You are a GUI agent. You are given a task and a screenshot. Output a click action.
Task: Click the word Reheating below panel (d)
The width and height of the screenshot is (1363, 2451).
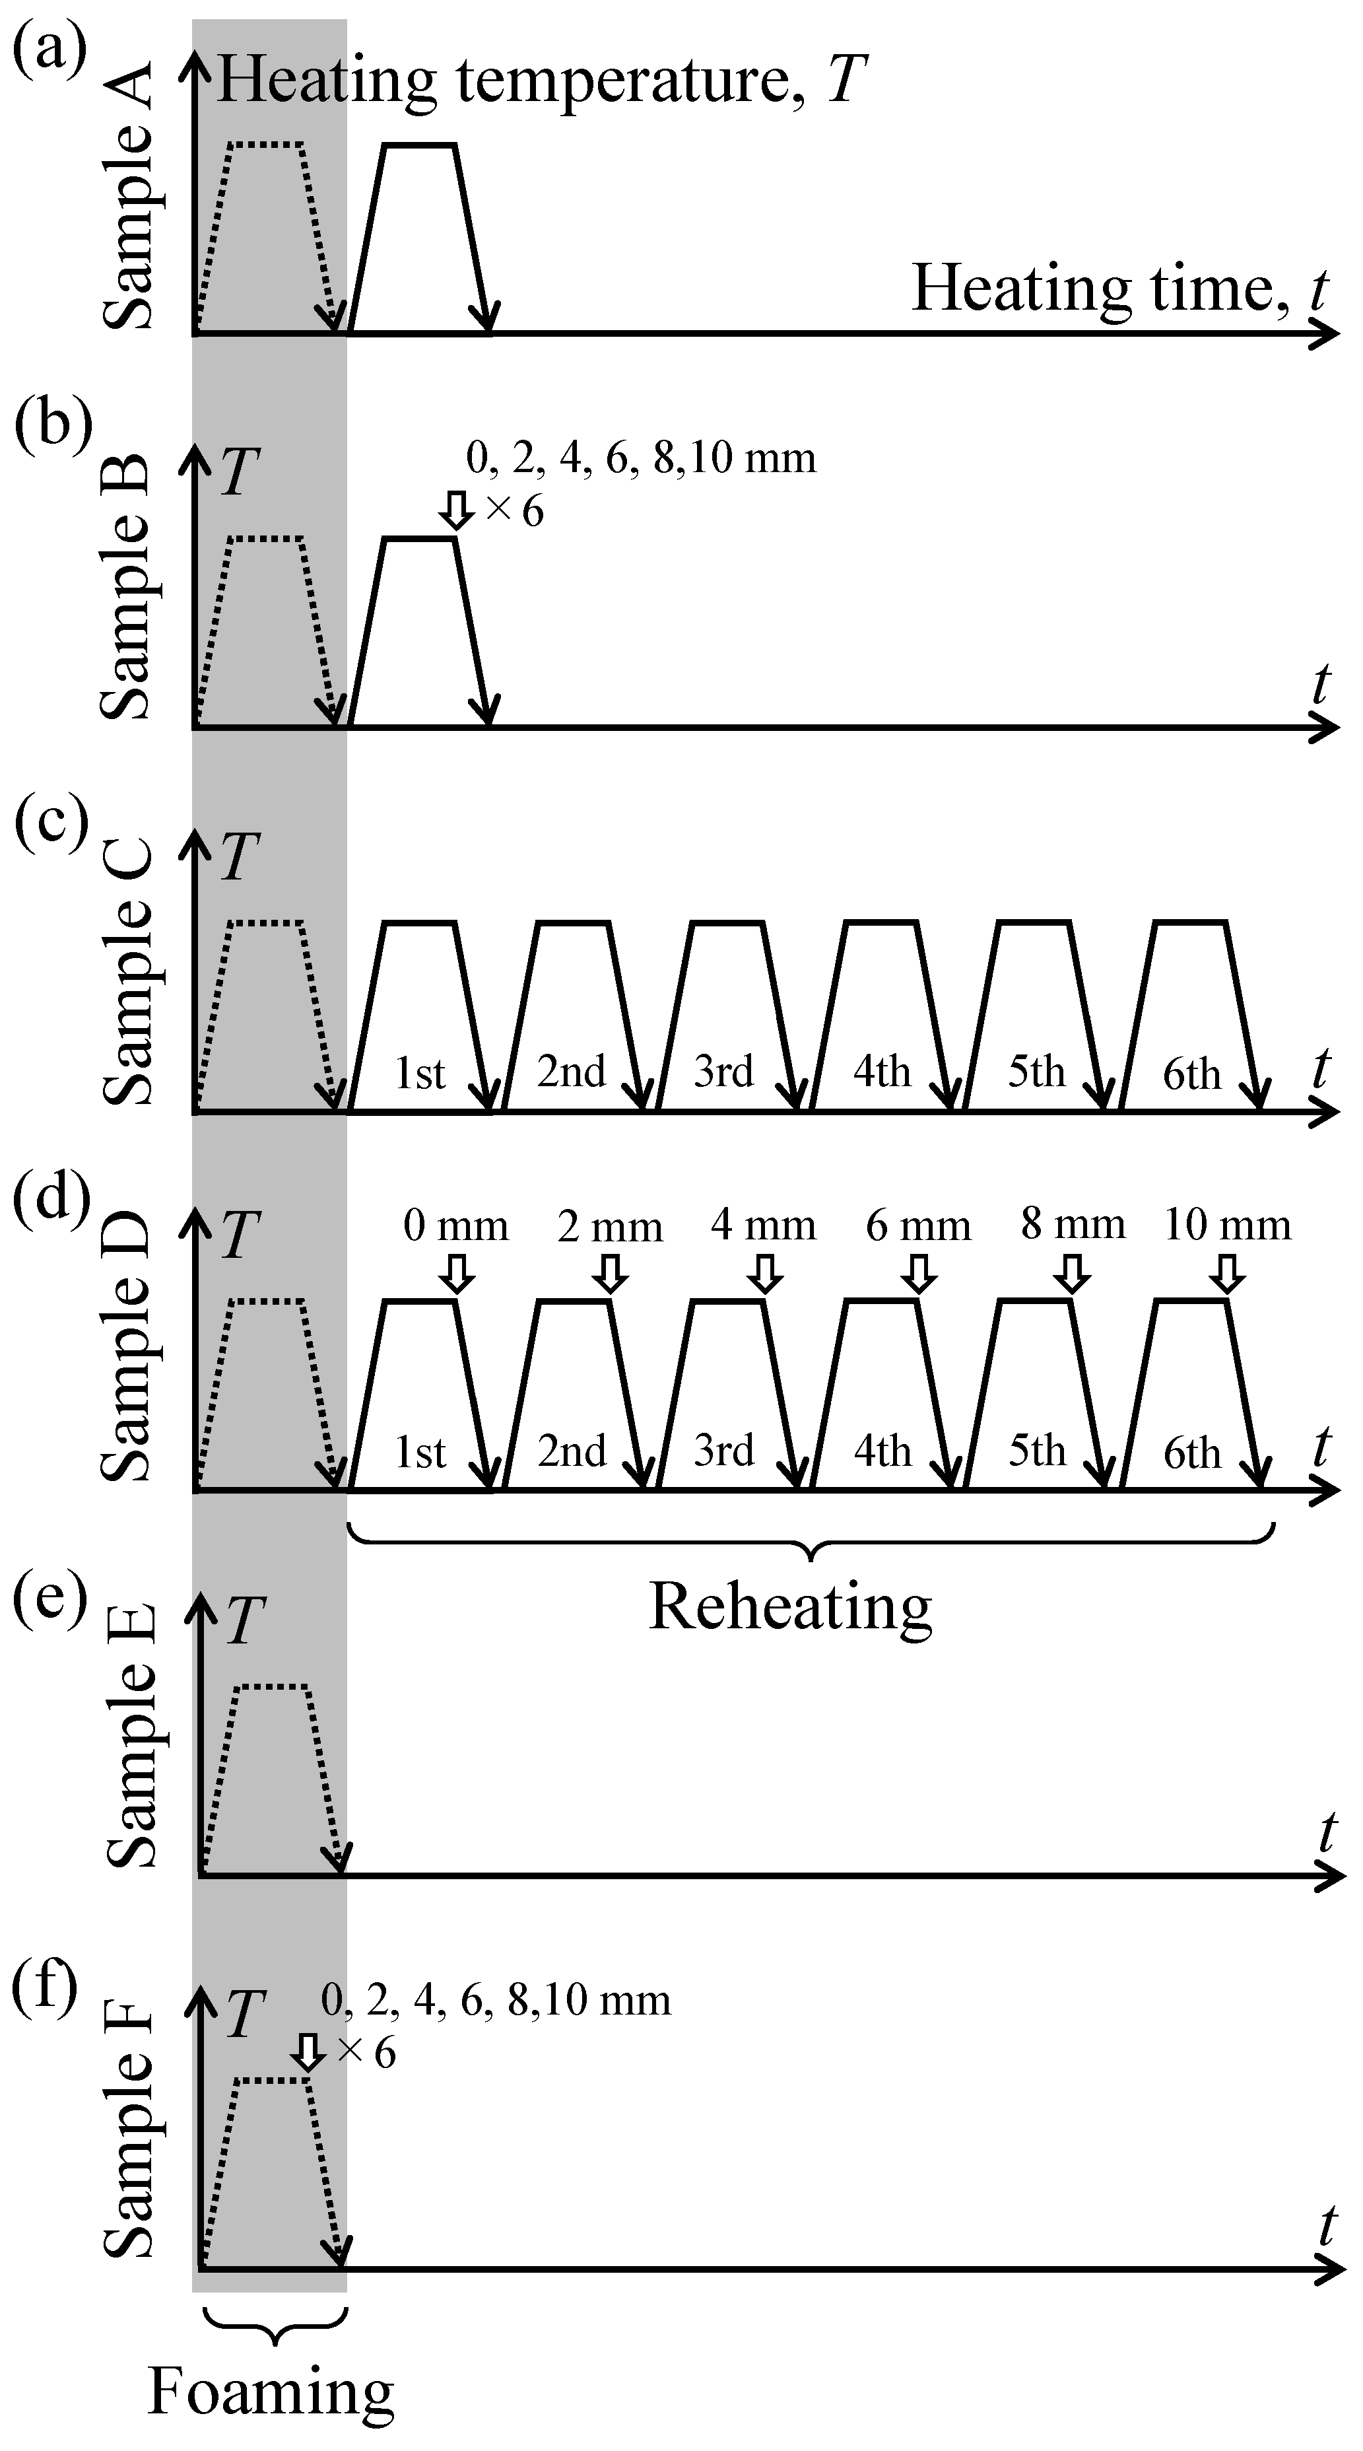[x=789, y=1607]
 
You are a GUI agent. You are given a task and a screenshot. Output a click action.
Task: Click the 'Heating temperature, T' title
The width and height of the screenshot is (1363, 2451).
[x=542, y=80]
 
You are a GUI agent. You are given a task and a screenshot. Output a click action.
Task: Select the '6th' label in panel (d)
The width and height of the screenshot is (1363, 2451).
[x=1192, y=1453]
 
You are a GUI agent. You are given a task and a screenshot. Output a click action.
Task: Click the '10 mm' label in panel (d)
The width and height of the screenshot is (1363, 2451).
[x=1228, y=1225]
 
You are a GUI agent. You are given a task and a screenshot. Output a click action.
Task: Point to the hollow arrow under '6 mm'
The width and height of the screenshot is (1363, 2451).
[x=918, y=1273]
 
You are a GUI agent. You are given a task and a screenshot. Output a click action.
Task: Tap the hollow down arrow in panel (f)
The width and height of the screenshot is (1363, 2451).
[x=306, y=2054]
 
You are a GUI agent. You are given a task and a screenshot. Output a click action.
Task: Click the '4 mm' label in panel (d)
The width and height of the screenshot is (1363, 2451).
[x=763, y=1225]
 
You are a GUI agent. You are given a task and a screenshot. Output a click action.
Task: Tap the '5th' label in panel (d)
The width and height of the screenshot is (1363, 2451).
[x=1037, y=1451]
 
